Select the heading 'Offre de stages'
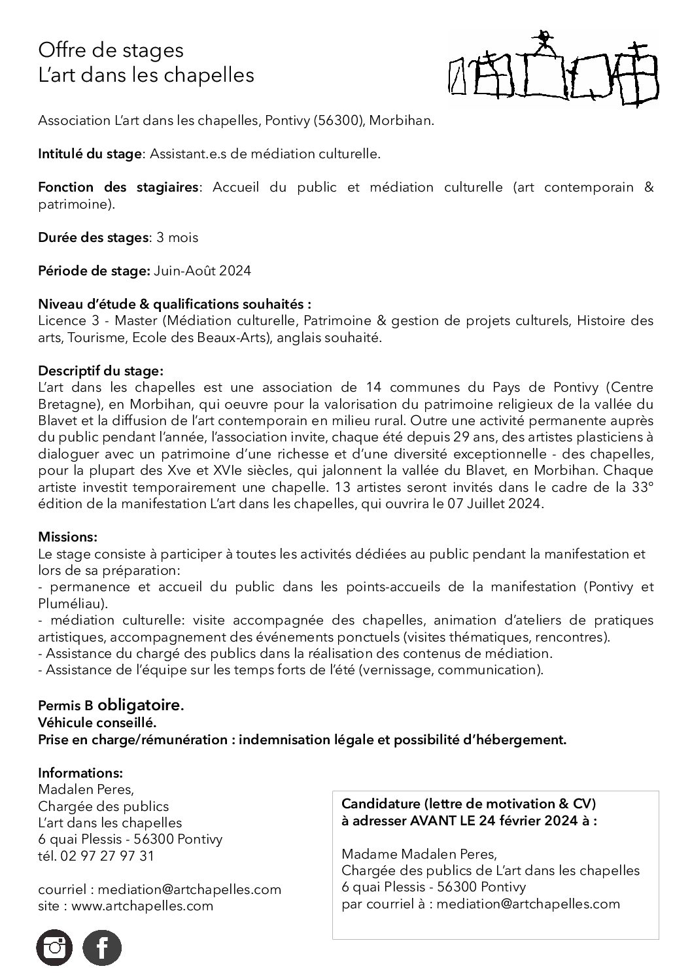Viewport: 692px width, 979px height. click(x=111, y=50)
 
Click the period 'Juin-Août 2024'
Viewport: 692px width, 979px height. click(x=202, y=271)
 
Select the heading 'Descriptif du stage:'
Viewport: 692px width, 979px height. click(x=101, y=371)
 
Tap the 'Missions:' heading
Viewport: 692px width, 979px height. click(x=68, y=537)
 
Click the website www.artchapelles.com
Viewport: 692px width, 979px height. click(x=142, y=906)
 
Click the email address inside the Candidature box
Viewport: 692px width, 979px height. click(x=528, y=904)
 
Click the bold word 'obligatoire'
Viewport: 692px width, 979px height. click(x=139, y=706)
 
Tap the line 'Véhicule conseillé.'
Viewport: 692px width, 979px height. click(x=97, y=723)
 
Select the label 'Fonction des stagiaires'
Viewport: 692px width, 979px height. click(x=118, y=188)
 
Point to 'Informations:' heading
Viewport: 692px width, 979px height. click(x=80, y=772)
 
